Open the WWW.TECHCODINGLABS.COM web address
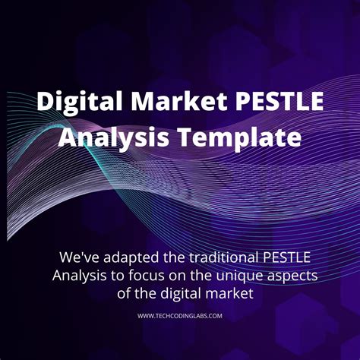pyautogui.click(x=180, y=316)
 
